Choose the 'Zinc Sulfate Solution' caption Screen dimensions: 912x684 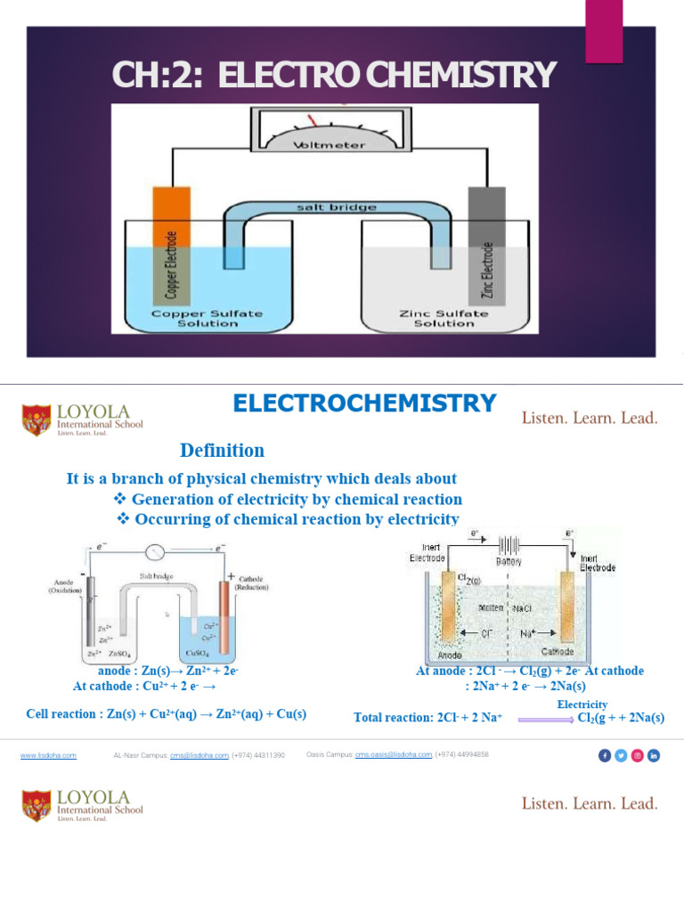[x=444, y=318]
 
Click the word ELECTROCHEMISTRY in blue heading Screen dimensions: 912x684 [x=364, y=403]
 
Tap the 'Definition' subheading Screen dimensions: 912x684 [x=222, y=451]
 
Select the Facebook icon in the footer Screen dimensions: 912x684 [x=606, y=755]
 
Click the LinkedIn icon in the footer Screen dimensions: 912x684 [x=654, y=755]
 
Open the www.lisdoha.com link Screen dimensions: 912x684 [x=48, y=755]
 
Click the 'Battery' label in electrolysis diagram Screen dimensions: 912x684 [x=509, y=562]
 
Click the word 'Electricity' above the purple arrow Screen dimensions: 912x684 [x=582, y=704]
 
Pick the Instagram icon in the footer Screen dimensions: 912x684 [x=638, y=755]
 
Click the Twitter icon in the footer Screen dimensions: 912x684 [x=622, y=755]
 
